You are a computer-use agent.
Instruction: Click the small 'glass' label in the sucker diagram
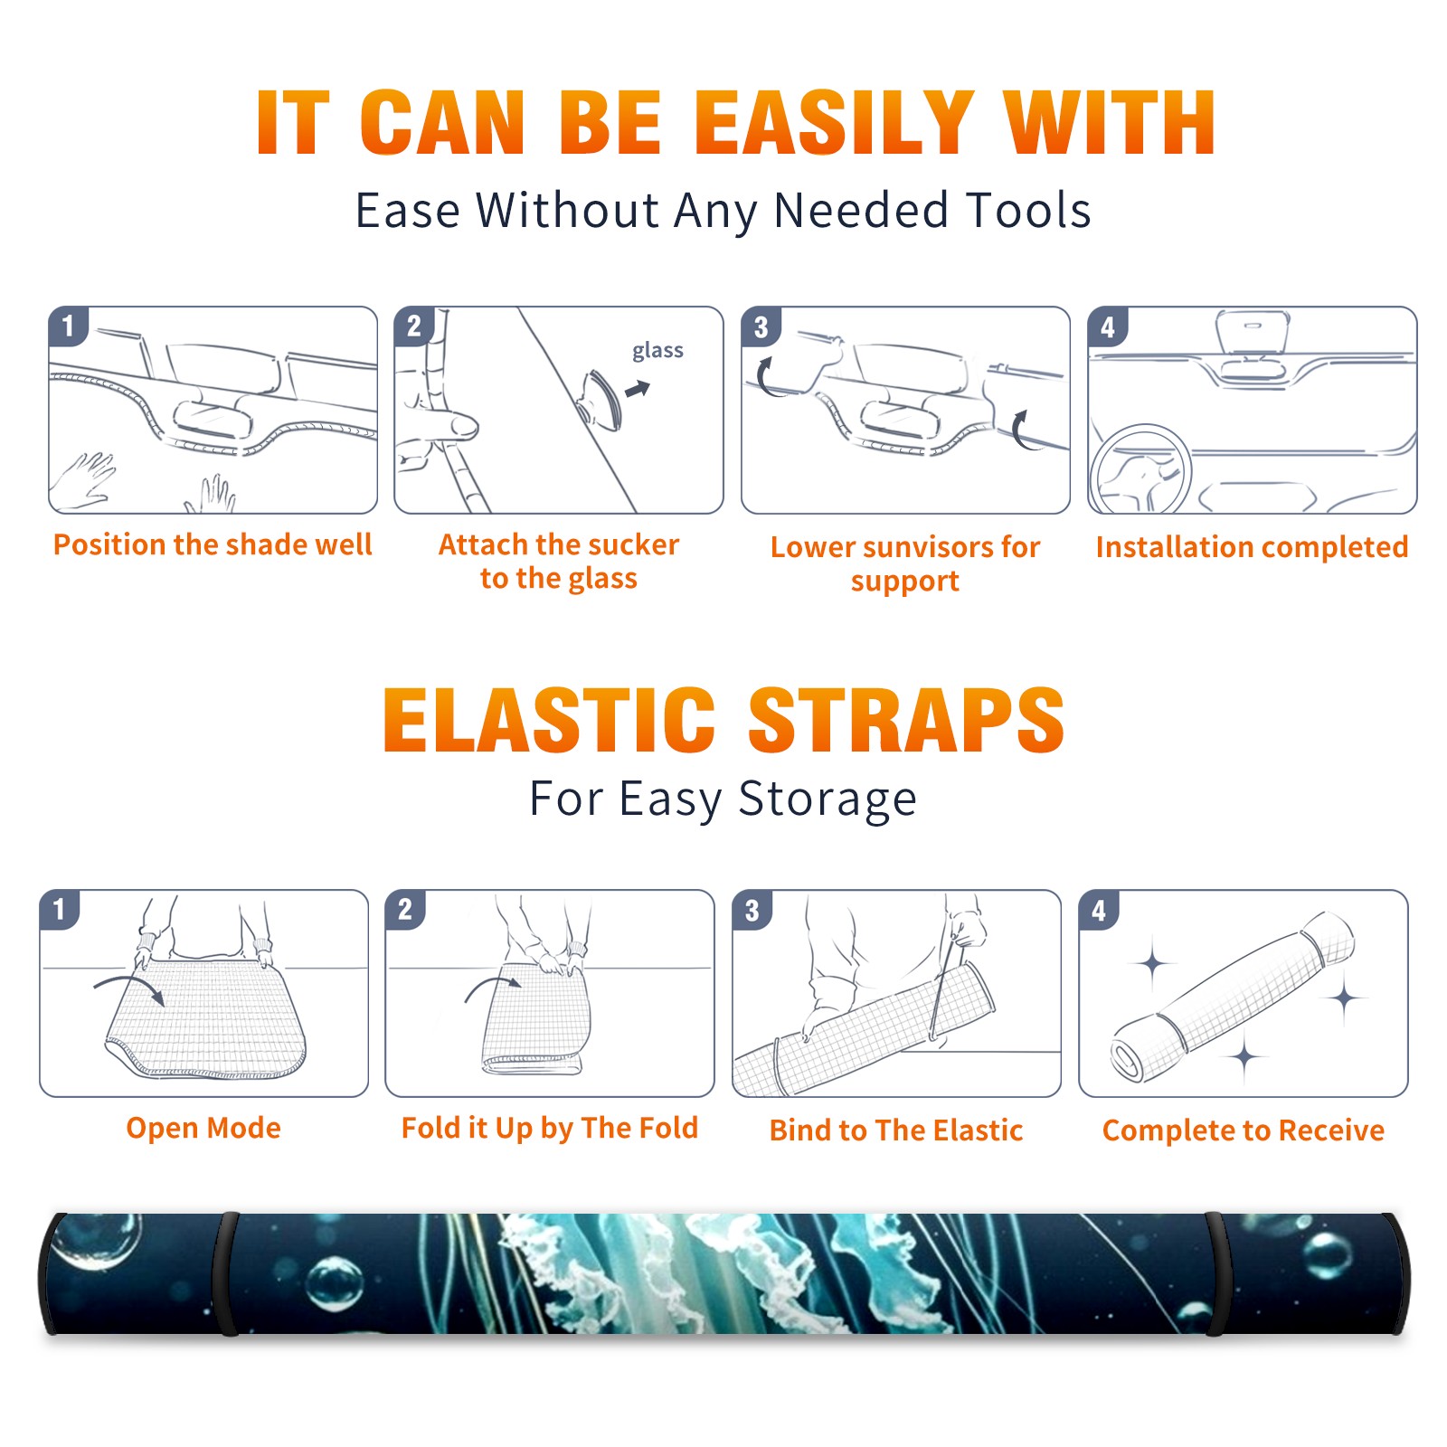coord(657,351)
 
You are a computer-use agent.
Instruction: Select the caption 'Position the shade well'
coord(213,544)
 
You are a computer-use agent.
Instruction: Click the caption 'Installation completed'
coord(1252,547)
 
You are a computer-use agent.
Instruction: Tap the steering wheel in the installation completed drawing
coord(1140,468)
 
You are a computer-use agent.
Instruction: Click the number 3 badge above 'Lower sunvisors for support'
coord(761,326)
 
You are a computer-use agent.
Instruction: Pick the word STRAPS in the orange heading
coord(906,720)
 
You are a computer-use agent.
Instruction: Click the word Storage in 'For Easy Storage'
coord(828,799)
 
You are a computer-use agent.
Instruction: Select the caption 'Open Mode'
coord(203,1128)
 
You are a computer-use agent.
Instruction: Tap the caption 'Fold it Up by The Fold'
coord(550,1128)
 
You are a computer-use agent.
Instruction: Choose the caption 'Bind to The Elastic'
coord(896,1130)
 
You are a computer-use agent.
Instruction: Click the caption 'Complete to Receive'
coord(1244,1130)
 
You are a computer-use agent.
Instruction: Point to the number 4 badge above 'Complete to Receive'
coord(1099,910)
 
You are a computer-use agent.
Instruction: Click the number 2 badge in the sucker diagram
coord(414,326)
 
